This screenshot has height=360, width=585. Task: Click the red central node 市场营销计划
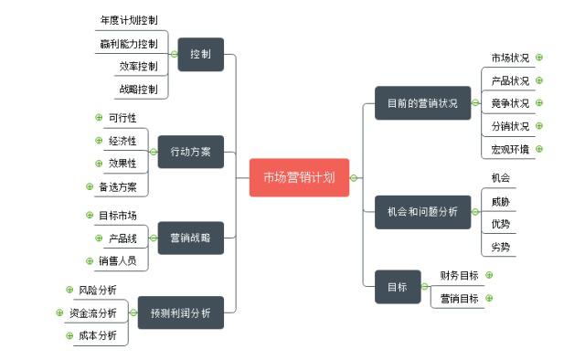[x=299, y=177]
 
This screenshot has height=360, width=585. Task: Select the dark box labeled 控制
[x=200, y=55]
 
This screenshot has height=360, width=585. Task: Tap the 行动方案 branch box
[x=190, y=152]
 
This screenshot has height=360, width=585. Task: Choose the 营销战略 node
[x=190, y=238]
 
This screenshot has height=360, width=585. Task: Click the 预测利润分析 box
[x=180, y=312]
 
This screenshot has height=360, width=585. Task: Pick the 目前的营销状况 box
[x=422, y=102]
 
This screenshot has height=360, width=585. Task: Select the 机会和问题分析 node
[x=422, y=211]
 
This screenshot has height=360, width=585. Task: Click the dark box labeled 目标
[x=397, y=286]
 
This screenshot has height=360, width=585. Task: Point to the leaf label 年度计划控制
[x=133, y=20]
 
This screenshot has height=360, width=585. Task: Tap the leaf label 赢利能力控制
[x=129, y=43]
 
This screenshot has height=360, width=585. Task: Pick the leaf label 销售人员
[x=117, y=260]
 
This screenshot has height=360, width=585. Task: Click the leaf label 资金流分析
[x=93, y=312]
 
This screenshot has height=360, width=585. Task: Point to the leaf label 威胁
[x=501, y=201]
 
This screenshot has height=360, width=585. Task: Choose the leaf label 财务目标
[x=459, y=275]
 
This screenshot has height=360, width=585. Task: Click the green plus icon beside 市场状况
[x=539, y=58]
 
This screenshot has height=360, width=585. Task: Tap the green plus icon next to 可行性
[x=99, y=117]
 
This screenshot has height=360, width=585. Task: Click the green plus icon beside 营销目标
[x=490, y=298]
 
